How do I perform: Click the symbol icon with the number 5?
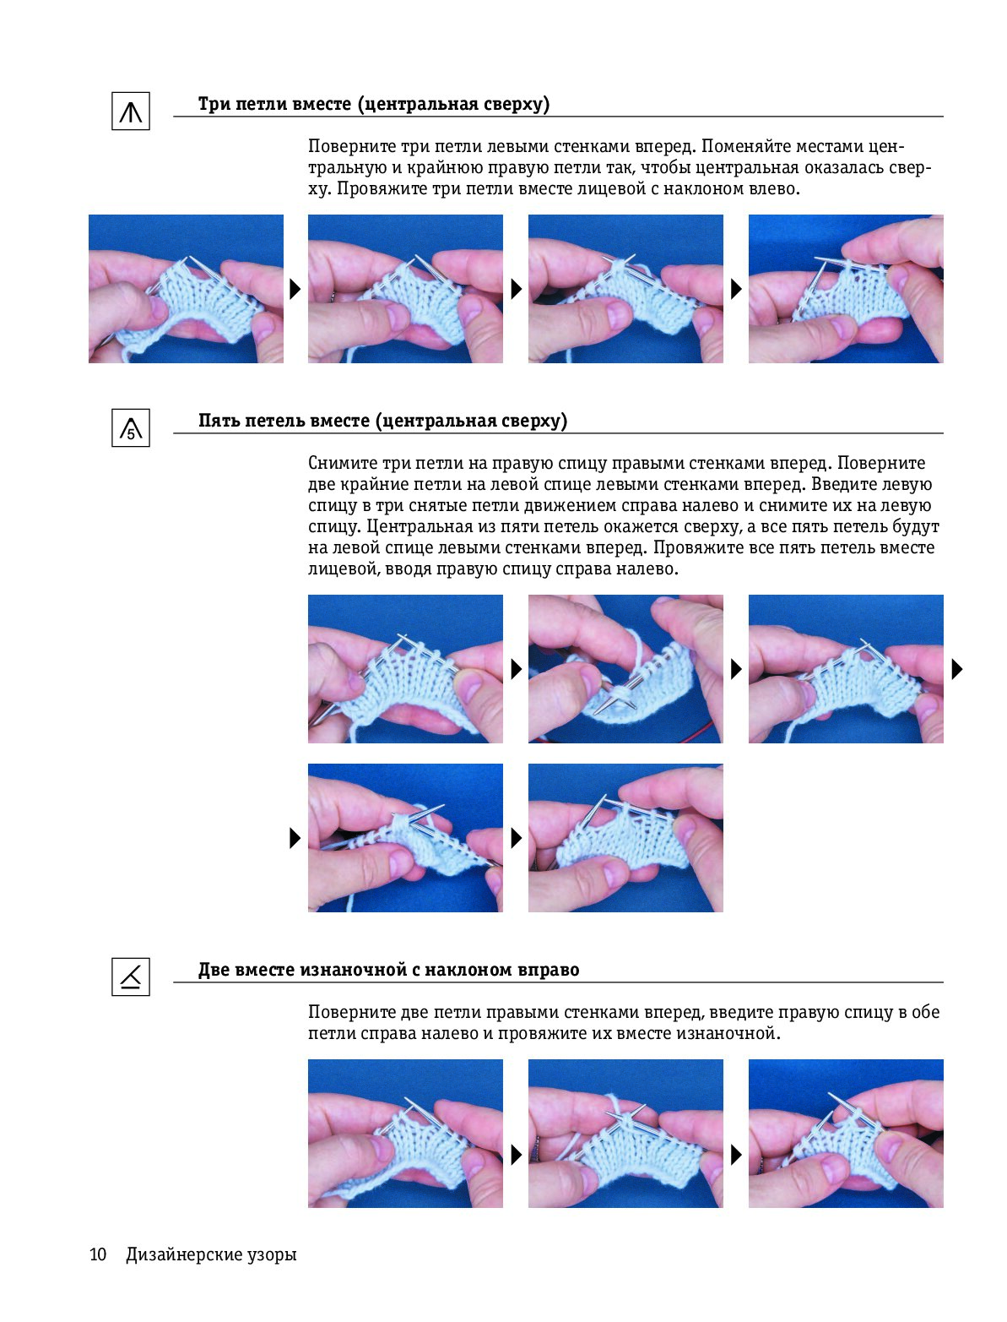(131, 427)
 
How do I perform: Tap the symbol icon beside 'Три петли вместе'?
(131, 111)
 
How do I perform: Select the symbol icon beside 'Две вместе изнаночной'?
(131, 977)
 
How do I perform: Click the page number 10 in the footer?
(98, 1254)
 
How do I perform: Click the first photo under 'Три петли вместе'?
(186, 289)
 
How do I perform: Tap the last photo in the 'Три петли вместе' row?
(846, 289)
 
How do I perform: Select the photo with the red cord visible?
(625, 668)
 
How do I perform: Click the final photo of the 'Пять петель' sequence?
(625, 838)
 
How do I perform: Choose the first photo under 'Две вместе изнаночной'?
(405, 1134)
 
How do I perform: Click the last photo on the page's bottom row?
(846, 1134)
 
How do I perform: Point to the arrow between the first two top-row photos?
(295, 289)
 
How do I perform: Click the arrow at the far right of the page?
(957, 669)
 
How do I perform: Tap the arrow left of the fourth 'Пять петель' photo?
(295, 838)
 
